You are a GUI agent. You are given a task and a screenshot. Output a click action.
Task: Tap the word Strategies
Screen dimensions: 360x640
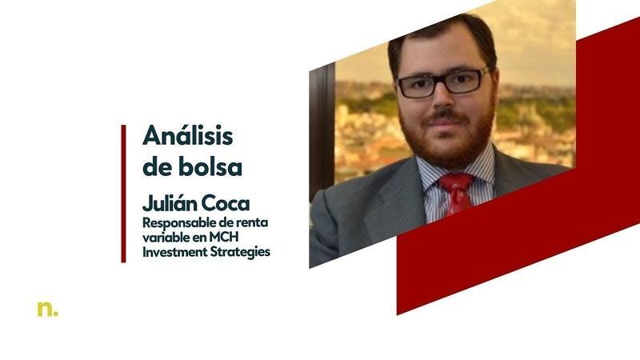(241, 251)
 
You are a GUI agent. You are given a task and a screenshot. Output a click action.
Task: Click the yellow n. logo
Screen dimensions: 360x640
(47, 308)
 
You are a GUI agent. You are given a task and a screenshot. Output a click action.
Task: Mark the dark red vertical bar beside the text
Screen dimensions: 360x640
(124, 193)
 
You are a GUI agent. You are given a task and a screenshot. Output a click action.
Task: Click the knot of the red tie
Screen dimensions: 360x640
(456, 183)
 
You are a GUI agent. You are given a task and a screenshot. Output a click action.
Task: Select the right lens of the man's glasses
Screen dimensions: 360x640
(468, 80)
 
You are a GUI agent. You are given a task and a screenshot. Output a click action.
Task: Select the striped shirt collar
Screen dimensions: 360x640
(484, 170)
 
